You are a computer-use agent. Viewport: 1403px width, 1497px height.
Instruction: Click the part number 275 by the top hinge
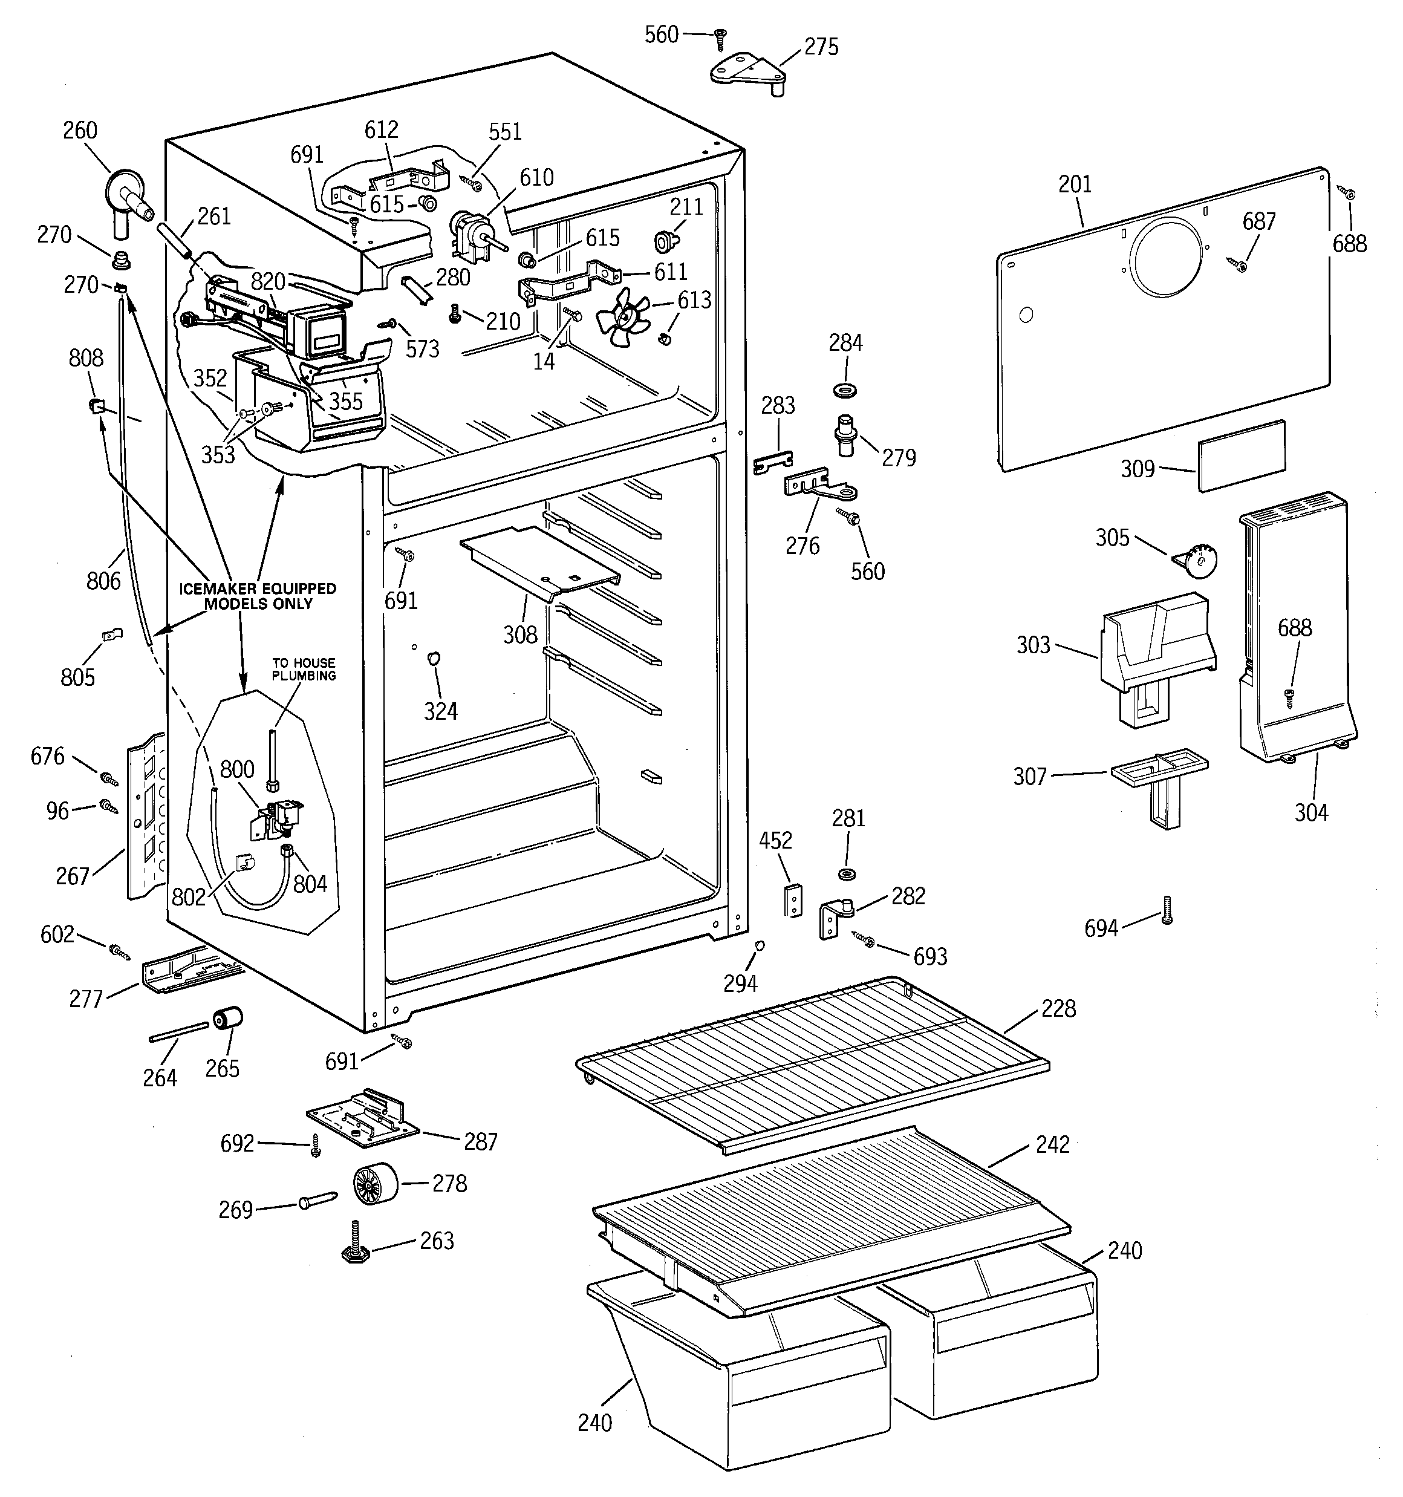click(x=821, y=47)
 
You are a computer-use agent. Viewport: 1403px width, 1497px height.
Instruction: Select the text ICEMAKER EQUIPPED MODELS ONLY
click(x=258, y=596)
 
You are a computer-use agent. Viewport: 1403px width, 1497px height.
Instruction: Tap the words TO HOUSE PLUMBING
click(x=304, y=669)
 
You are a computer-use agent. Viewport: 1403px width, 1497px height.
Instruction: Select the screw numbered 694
click(x=1167, y=910)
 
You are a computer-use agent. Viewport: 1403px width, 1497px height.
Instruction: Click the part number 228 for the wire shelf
click(x=1058, y=1009)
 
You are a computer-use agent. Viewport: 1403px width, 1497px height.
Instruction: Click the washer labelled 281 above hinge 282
click(x=847, y=874)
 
